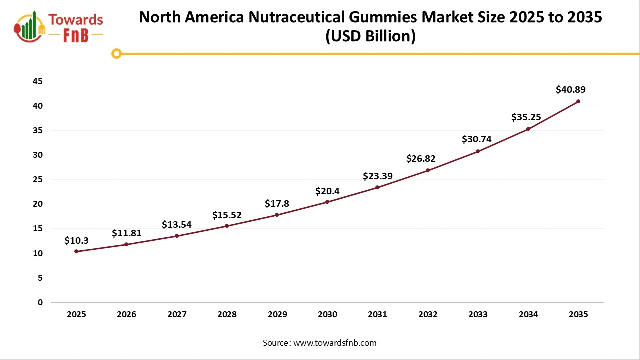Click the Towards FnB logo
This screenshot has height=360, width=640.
coord(59,26)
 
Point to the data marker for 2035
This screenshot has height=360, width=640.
coord(578,101)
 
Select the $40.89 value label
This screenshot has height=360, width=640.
coord(570,90)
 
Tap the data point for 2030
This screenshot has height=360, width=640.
coord(327,202)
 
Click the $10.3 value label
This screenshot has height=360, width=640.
coord(76,241)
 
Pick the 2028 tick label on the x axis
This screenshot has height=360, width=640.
coord(227,315)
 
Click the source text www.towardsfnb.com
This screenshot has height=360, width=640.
coord(334,343)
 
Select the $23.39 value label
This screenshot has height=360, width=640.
coord(377,176)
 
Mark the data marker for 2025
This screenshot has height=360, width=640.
coord(76,251)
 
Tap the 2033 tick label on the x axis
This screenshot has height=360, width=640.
coord(478,315)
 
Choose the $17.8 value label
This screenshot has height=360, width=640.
coord(277,203)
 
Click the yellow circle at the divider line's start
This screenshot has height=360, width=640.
coord(116,53)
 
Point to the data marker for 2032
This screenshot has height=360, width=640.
coord(428,170)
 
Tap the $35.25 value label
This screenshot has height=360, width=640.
coord(526,117)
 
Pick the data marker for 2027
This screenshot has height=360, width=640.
coord(177,236)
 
